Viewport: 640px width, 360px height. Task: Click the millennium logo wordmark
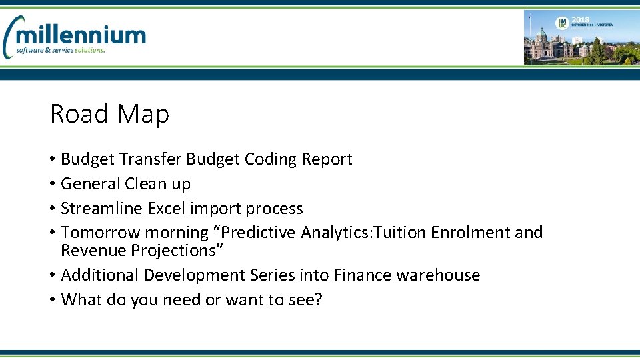pyautogui.click(x=81, y=34)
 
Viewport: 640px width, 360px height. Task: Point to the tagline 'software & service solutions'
pyautogui.click(x=61, y=50)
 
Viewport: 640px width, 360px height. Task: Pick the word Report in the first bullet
pyautogui.click(x=327, y=159)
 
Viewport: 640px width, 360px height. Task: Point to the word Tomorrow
pyautogui.click(x=101, y=233)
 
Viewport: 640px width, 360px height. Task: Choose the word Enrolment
pyautogui.click(x=471, y=233)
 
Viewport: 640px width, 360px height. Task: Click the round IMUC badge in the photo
pyautogui.click(x=563, y=23)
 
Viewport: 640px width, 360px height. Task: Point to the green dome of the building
pyautogui.click(x=541, y=33)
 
